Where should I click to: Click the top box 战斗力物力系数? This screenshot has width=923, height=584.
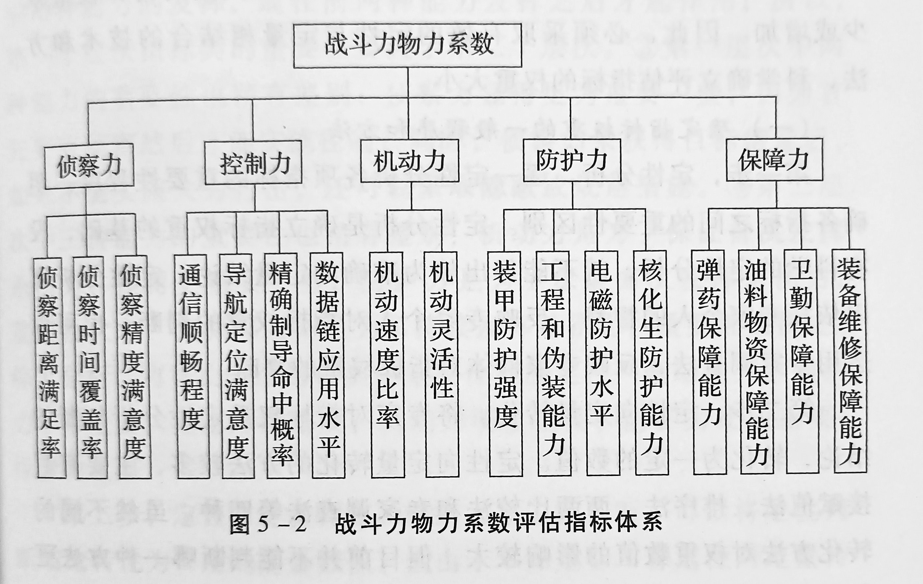click(x=407, y=45)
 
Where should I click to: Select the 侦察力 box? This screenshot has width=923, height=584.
click(x=89, y=166)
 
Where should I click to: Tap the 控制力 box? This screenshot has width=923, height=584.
click(x=253, y=163)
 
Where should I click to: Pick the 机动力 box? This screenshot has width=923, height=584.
click(x=409, y=160)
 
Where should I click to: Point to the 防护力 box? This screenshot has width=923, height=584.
click(x=572, y=160)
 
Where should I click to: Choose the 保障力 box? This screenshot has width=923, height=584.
click(x=774, y=159)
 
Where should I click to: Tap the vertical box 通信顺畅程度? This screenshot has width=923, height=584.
click(x=193, y=366)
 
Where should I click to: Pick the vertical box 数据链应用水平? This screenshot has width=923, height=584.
click(x=328, y=365)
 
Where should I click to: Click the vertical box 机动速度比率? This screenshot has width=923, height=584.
click(x=387, y=365)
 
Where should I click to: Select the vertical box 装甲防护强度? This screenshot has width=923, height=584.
click(x=505, y=364)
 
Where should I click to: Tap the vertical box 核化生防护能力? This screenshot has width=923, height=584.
click(x=651, y=363)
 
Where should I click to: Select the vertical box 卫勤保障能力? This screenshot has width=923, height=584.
click(x=802, y=361)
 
